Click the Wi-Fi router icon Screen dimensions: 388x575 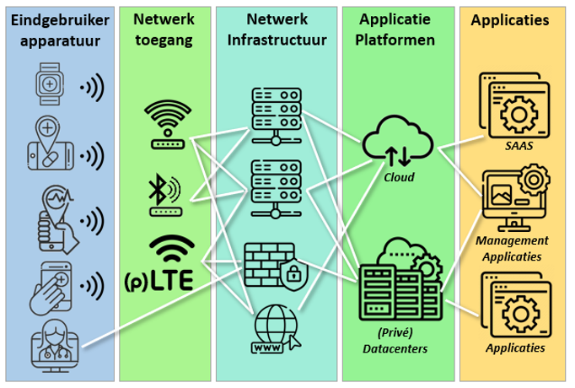tap(167, 124)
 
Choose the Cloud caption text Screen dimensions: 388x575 tap(399, 178)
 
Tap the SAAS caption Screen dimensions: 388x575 tap(513, 145)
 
